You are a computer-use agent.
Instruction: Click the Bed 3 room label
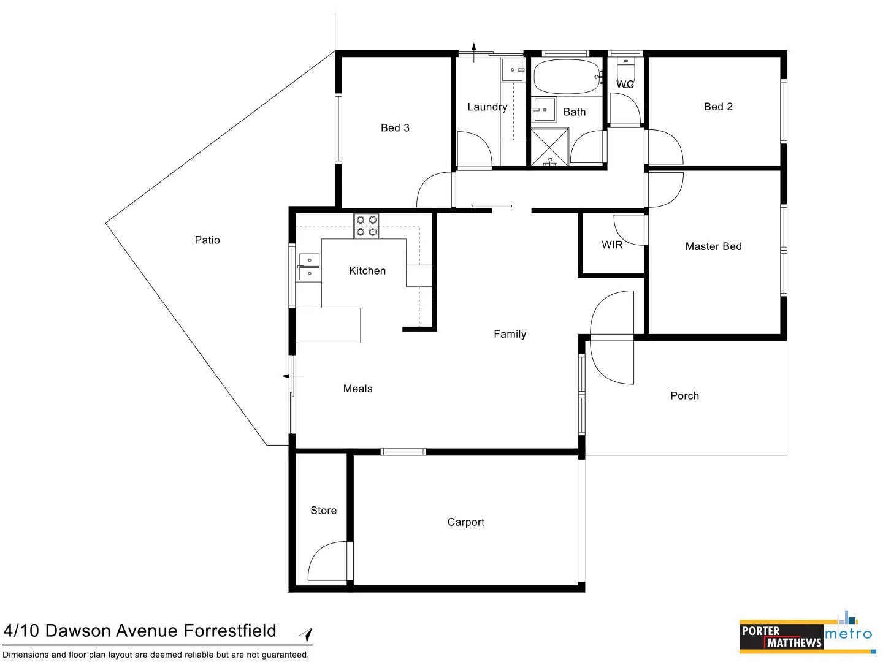point(395,128)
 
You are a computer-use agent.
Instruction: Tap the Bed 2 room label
point(718,107)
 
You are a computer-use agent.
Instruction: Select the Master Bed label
point(713,246)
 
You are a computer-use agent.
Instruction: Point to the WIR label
point(612,245)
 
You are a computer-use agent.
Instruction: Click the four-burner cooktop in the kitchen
point(367,226)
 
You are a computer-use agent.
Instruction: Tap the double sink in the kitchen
point(309,267)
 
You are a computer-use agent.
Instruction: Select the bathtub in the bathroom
point(566,77)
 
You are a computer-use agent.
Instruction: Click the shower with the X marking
point(549,147)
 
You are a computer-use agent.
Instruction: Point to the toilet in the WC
point(625,64)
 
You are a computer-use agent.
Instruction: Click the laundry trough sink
point(513,70)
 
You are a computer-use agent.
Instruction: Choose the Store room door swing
point(328,561)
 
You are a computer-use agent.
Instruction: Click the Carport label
point(465,522)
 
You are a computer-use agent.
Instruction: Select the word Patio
point(207,240)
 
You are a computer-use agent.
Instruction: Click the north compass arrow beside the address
point(306,634)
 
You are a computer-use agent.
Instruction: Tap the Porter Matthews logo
point(781,637)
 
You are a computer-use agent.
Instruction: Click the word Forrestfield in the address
point(230,631)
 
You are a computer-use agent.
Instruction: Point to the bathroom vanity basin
point(544,110)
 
